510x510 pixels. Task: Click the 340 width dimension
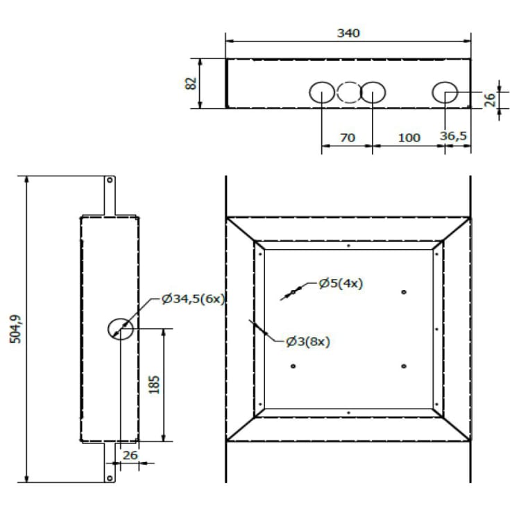(348, 33)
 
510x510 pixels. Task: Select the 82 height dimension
(191, 83)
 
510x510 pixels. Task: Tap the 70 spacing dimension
(348, 137)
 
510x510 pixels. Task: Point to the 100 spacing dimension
(409, 137)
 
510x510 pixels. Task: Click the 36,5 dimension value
(453, 136)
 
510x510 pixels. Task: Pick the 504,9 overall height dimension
(15, 329)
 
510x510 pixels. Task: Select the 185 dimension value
(154, 384)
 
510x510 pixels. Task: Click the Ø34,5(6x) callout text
(193, 298)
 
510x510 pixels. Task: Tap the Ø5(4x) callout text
(341, 283)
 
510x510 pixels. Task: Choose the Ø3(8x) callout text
(308, 341)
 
